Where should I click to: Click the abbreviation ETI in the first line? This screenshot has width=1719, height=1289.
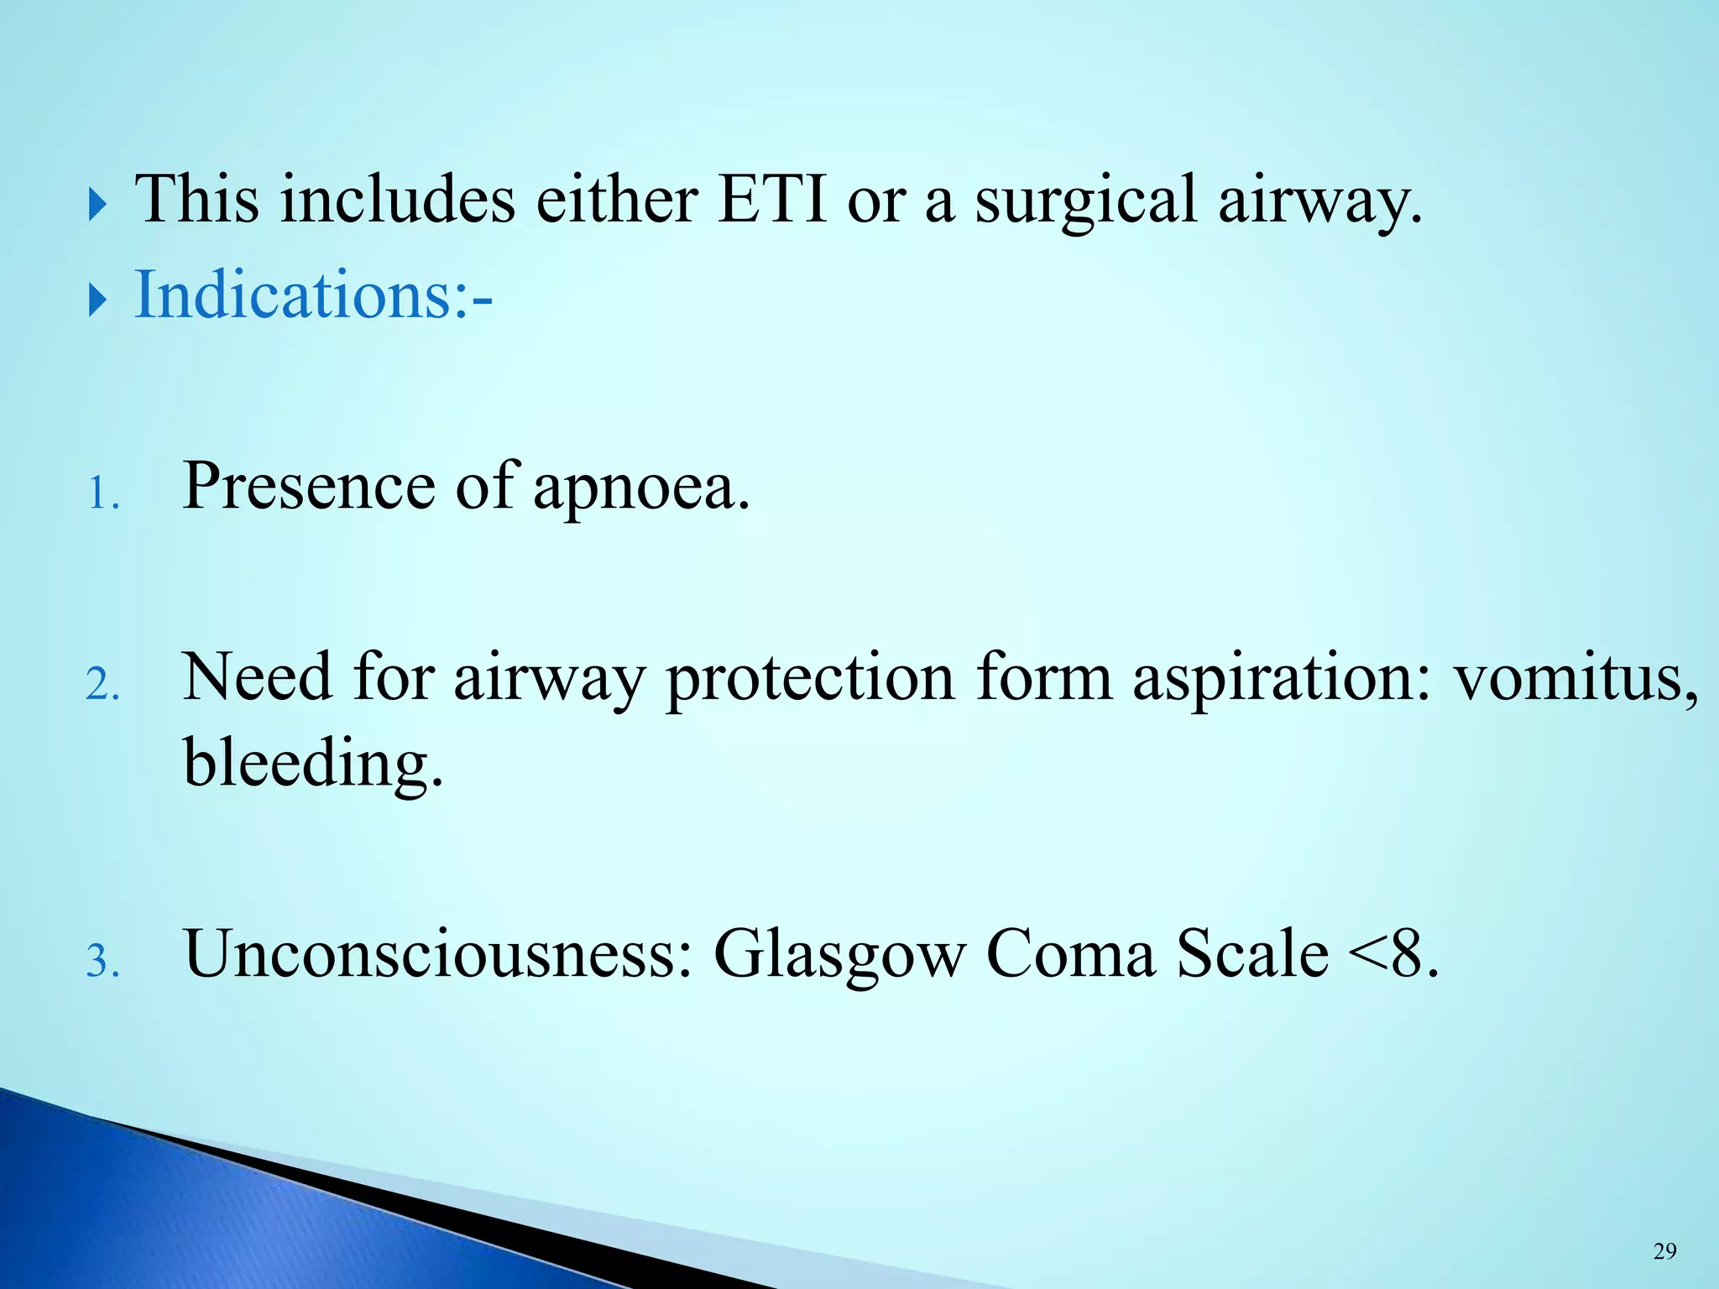[x=772, y=199]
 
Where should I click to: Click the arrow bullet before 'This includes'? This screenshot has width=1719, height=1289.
[x=98, y=205]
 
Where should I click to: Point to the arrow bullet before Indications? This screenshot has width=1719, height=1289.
[x=98, y=300]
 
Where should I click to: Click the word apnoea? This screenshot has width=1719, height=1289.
[x=641, y=488]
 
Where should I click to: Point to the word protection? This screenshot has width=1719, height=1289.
[x=810, y=678]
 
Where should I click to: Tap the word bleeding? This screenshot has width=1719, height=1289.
[x=312, y=764]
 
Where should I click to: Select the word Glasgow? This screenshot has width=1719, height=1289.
[x=839, y=955]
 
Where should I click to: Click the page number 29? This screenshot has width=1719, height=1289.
[x=1664, y=1251]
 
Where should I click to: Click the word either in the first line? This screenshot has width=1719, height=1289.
[x=617, y=199]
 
